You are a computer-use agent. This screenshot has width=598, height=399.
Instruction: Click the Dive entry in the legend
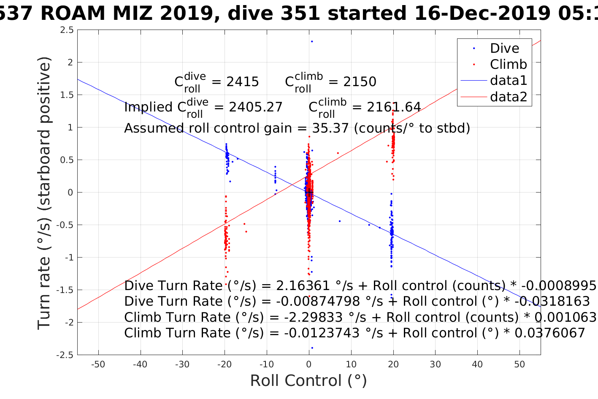[x=504, y=48]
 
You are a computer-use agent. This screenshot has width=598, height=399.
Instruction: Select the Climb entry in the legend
[x=508, y=64]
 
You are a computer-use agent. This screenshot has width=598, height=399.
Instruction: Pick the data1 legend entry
[x=508, y=81]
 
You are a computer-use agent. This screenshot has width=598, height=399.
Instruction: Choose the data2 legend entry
[x=508, y=97]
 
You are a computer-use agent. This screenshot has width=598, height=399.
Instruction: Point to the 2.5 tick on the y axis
[x=67, y=30]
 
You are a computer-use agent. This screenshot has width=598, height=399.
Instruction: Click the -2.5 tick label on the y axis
[x=65, y=355]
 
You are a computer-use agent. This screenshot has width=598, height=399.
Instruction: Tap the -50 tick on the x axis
[x=98, y=365]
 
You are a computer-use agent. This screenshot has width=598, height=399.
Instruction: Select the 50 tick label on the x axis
[x=520, y=365]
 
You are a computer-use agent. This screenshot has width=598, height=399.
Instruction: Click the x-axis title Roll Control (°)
[x=308, y=381]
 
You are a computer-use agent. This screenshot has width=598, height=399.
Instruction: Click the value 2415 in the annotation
[x=242, y=82]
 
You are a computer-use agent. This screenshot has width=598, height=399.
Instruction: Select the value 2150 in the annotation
[x=360, y=82]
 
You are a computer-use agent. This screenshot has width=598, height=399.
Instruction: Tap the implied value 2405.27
[x=255, y=107]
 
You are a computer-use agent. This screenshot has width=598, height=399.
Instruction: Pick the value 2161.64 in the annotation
[x=394, y=107]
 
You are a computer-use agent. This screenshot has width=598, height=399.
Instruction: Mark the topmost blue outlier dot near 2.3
[x=312, y=41]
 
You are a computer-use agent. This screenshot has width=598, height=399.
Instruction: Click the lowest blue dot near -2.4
[x=312, y=348]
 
